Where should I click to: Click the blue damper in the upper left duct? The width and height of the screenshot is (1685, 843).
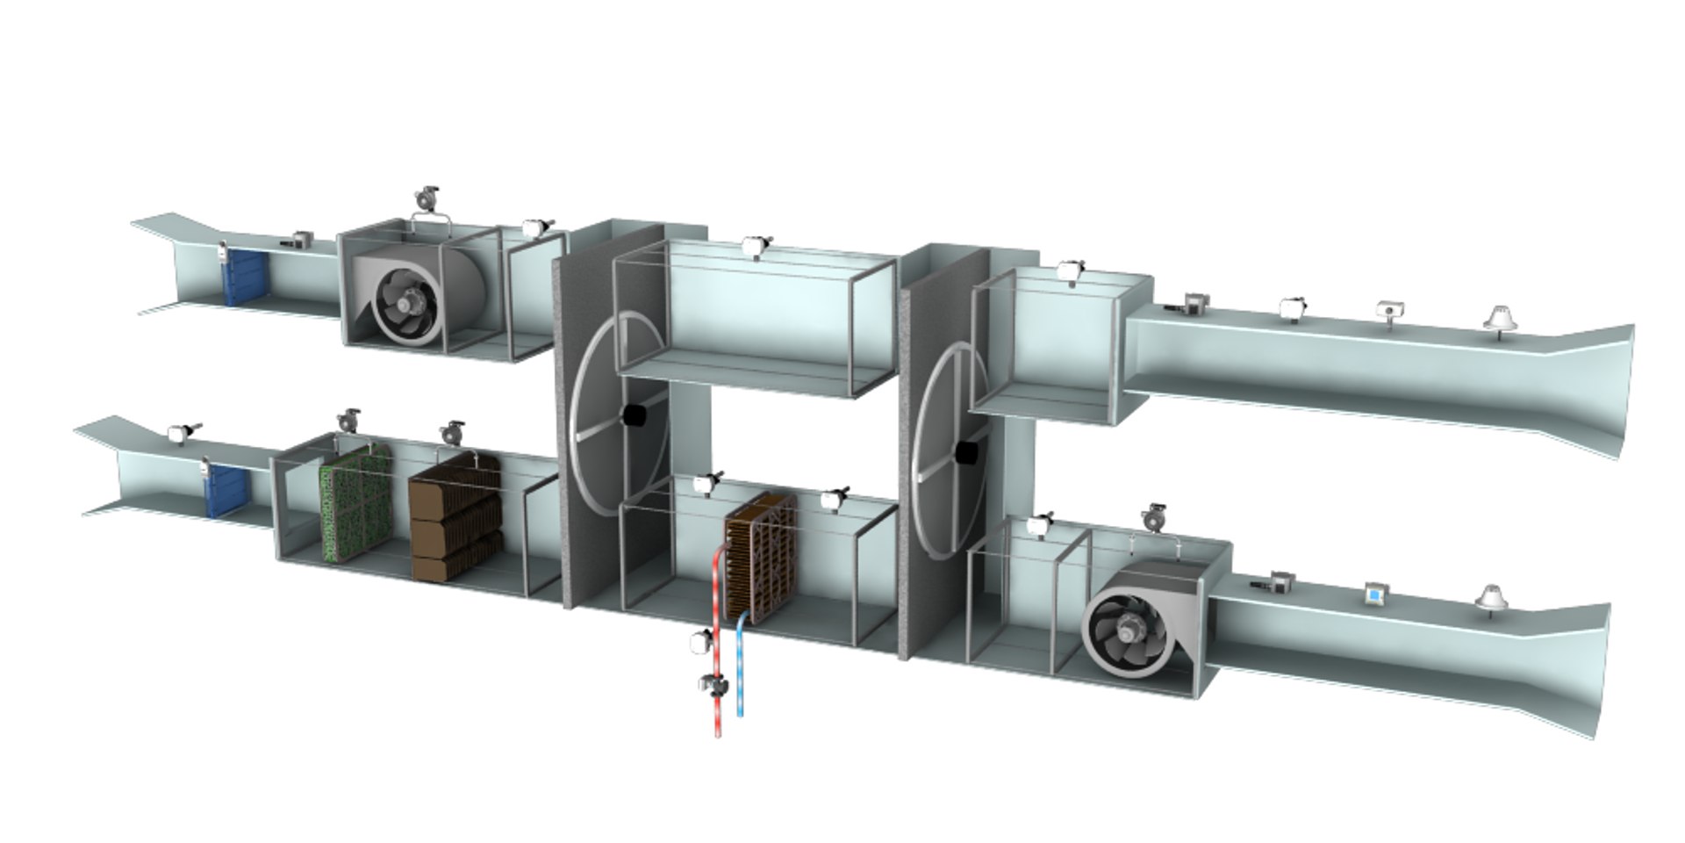coord(244,277)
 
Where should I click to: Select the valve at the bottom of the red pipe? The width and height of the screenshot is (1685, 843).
coord(712,685)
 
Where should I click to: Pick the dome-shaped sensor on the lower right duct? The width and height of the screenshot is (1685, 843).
coord(1489,596)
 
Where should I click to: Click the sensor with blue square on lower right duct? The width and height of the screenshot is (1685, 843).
coord(1373,594)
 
